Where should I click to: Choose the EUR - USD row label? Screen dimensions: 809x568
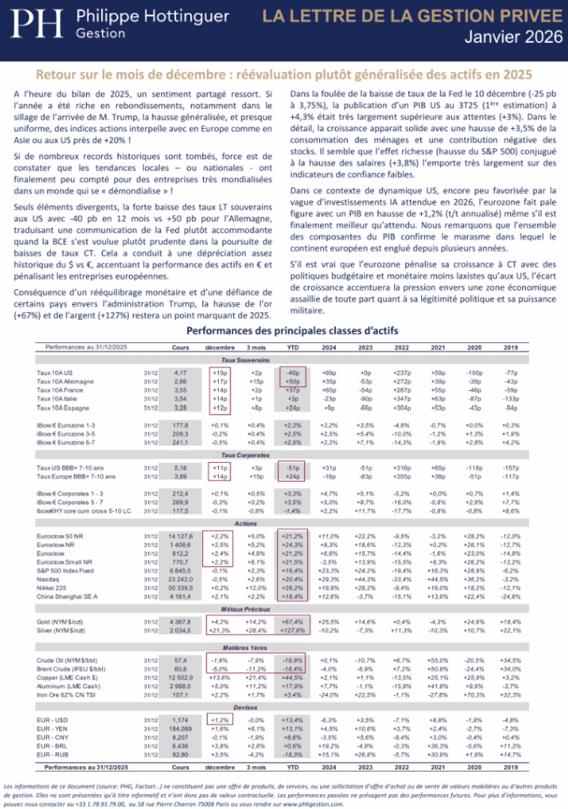53,721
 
